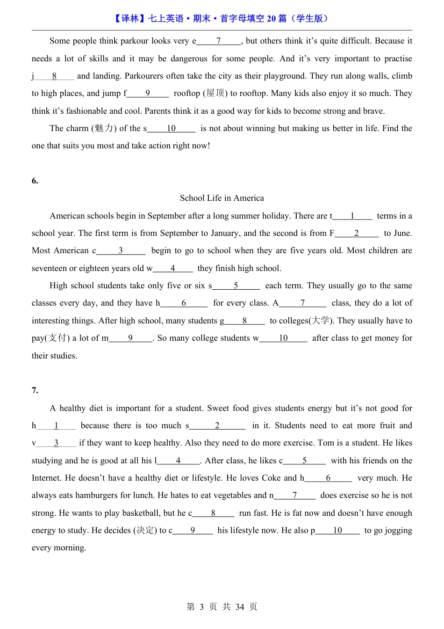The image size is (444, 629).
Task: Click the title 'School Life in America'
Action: (x=222, y=198)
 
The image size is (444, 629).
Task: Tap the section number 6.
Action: (x=35, y=181)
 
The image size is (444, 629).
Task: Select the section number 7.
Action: (x=35, y=391)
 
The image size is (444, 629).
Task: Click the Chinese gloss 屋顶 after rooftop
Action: (x=215, y=93)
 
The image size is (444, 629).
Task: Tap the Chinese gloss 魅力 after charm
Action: (x=104, y=128)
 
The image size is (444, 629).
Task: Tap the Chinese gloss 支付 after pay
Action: (x=58, y=338)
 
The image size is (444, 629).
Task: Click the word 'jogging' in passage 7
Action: (x=397, y=530)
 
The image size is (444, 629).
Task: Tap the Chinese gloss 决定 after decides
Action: (x=145, y=530)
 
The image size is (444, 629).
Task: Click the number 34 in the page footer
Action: (x=240, y=607)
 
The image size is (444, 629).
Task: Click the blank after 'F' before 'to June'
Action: (x=357, y=233)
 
